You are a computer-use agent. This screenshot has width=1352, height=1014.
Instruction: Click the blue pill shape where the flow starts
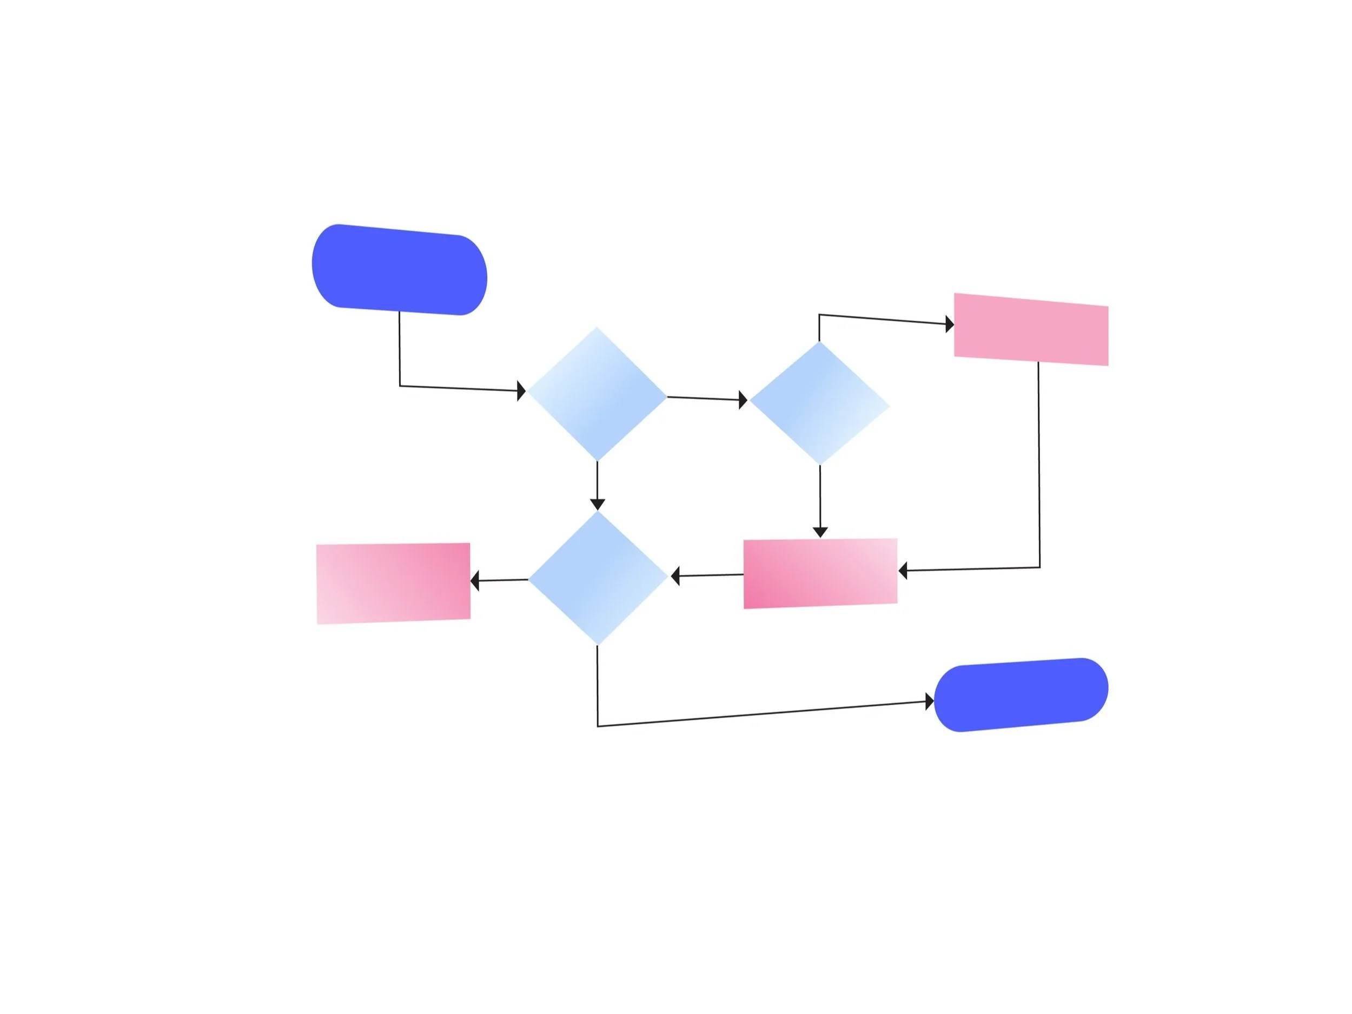tap(399, 269)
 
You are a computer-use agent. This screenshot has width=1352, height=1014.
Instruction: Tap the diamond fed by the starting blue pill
tap(597, 394)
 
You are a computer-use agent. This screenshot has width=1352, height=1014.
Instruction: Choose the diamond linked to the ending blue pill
tap(598, 578)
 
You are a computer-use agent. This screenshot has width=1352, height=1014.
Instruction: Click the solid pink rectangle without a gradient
tap(1031, 329)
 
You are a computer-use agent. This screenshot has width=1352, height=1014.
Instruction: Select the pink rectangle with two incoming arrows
tap(820, 573)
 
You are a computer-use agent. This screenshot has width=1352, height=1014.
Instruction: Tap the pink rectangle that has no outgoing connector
tap(393, 583)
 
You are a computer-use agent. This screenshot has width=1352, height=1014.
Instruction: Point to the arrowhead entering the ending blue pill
tap(930, 701)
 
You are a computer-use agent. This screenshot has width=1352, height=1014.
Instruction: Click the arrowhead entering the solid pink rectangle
tap(949, 324)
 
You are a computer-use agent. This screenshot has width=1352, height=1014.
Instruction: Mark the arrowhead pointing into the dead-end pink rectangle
tap(475, 581)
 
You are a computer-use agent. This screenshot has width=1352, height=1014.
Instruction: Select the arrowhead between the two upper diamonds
tap(743, 400)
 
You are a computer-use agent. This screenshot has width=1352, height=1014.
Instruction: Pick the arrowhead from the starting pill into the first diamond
tap(521, 390)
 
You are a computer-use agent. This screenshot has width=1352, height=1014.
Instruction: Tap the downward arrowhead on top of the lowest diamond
tap(597, 504)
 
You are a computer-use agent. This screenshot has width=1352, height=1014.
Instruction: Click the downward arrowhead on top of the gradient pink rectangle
tap(820, 532)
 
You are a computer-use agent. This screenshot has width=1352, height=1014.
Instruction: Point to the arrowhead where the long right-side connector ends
tap(903, 572)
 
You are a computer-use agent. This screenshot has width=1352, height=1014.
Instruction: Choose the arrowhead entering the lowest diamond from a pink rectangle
tap(675, 576)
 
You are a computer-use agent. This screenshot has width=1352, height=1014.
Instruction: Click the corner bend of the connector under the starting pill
tap(400, 386)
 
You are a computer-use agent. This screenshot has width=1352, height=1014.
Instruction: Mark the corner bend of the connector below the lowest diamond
tap(598, 726)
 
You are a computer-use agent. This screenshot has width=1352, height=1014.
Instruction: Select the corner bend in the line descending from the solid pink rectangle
tap(1039, 567)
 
